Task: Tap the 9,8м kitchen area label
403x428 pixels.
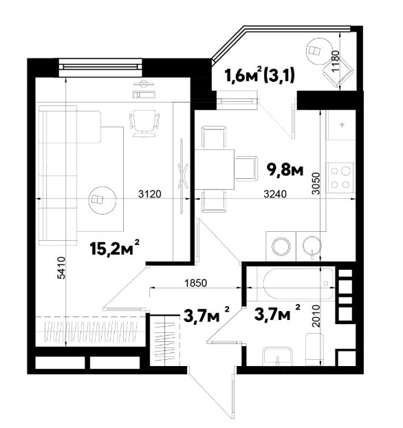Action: point(285,170)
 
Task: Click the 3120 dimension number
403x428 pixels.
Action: point(150,194)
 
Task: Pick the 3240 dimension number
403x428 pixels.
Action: point(275,194)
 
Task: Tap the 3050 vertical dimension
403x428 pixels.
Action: point(316,183)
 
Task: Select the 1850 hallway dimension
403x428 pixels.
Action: point(195,283)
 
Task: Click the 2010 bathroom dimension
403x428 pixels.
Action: point(316,316)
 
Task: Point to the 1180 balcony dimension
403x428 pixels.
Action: point(336,61)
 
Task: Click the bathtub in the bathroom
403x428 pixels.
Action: point(299,283)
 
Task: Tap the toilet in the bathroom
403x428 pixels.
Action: point(314,349)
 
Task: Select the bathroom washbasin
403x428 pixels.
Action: point(277,356)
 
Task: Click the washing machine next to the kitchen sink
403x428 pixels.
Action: point(281,246)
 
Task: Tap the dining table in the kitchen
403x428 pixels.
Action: point(215,169)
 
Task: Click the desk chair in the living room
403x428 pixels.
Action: point(144,123)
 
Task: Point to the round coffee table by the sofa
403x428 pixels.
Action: point(102,200)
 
